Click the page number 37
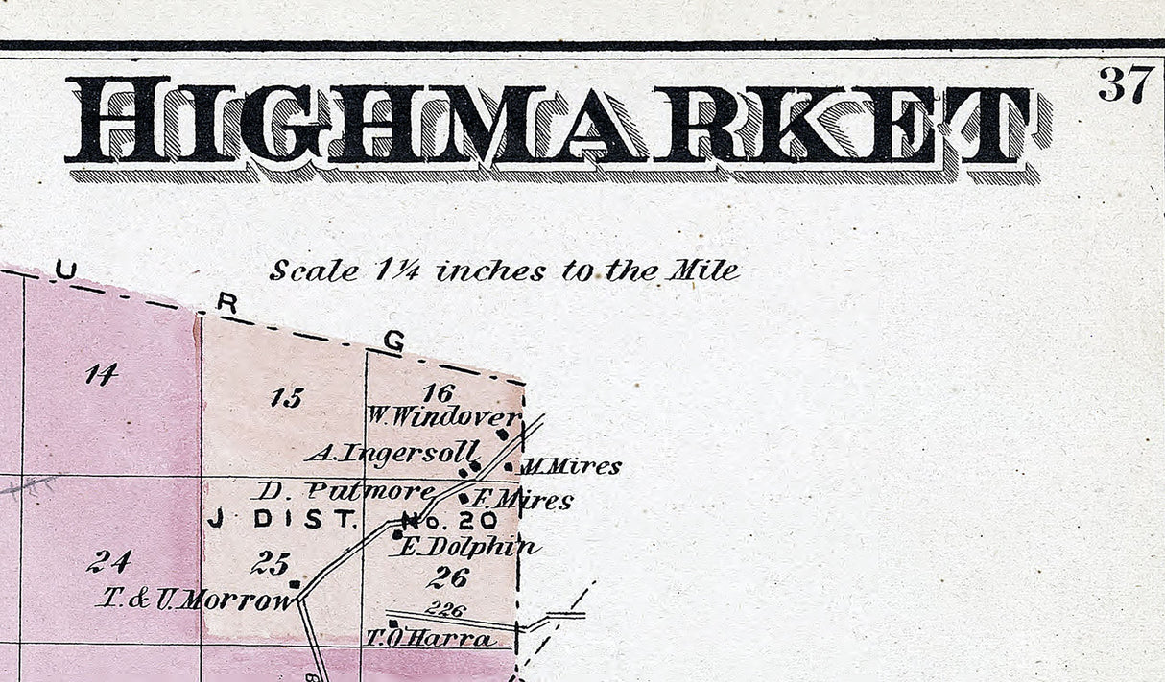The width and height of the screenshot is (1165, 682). (1125, 84)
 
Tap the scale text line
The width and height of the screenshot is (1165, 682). (504, 270)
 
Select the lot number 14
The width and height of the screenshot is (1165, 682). (101, 374)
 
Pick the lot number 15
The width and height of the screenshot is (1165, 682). (286, 397)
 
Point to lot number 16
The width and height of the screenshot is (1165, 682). (437, 391)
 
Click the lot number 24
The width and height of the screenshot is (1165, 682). (108, 561)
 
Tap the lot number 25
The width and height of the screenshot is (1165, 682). (270, 563)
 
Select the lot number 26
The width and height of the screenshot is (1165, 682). (447, 577)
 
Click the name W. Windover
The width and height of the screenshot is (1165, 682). (443, 416)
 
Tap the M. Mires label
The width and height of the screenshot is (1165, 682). (570, 467)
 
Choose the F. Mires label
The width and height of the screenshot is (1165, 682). (524, 500)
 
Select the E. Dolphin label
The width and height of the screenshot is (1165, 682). (466, 547)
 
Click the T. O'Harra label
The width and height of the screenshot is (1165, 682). (430, 638)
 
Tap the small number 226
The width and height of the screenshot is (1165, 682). (444, 609)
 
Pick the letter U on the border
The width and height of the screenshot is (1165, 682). (64, 270)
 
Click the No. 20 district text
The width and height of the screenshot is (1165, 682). (449, 521)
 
